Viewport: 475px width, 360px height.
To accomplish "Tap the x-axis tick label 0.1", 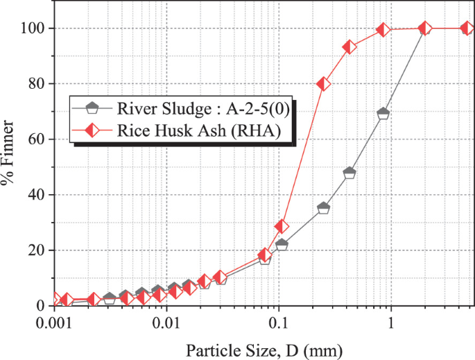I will click(279, 323).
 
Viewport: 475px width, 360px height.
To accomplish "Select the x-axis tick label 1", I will click(391, 323).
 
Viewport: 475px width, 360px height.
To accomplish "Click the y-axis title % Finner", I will click(10, 166).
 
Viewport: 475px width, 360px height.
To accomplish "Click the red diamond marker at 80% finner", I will click(323, 84).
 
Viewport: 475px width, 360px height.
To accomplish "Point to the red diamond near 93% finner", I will click(349, 47).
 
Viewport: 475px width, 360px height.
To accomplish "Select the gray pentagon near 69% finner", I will click(383, 114).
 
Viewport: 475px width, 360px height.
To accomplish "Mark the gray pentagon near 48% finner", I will click(349, 173).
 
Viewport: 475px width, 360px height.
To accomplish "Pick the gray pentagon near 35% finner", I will click(323, 208).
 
